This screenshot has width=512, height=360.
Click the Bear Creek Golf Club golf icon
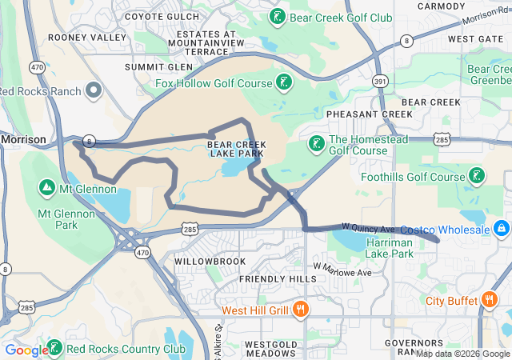(277, 17)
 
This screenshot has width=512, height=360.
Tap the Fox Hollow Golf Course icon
(283, 82)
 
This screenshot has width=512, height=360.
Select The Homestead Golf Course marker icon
(316, 143)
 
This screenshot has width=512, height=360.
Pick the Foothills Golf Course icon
(478, 176)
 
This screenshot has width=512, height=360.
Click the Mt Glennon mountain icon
(47, 189)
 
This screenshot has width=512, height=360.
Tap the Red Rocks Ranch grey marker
(94, 90)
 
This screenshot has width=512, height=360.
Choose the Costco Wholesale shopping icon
(502, 230)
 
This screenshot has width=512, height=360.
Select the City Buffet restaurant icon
(488, 301)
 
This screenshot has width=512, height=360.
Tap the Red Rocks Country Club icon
(54, 348)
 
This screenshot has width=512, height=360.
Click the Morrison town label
(24, 138)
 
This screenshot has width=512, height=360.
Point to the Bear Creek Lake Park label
(236, 150)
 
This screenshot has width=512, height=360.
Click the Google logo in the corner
(26, 350)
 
